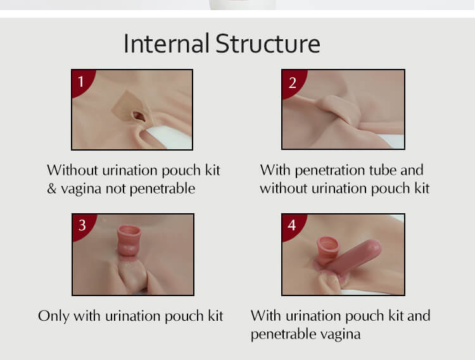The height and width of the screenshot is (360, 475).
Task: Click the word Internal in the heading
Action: [167, 44]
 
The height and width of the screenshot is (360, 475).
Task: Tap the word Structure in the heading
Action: [268, 44]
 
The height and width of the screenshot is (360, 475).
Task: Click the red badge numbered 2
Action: [293, 82]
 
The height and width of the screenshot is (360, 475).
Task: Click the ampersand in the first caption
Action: [52, 189]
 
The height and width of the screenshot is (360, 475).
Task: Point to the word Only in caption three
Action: [53, 316]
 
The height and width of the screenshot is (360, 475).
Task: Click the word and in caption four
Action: [419, 316]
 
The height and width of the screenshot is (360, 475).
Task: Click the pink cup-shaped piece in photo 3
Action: [129, 240]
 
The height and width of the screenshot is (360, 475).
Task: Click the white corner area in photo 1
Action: [170, 137]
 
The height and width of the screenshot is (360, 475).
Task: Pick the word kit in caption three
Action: [215, 316]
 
